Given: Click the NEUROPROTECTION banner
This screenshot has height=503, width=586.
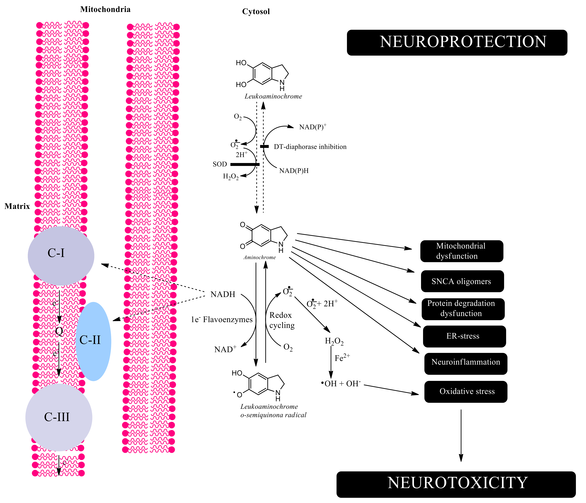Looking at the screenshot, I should click(457, 42).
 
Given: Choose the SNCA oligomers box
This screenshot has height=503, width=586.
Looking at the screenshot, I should click(462, 281).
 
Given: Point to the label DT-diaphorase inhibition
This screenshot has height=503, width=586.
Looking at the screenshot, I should click(310, 147).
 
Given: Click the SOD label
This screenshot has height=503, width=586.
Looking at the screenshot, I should click(220, 164).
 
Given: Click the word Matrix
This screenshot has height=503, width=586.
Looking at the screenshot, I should click(17, 206).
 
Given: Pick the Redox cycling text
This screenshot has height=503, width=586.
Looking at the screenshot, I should click(282, 320).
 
